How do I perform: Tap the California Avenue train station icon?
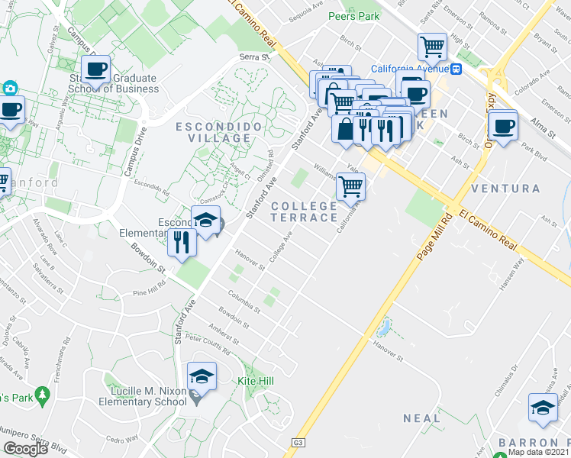coord(456,69)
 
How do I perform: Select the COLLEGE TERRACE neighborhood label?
coord(305,211)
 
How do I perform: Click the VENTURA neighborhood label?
coord(505,188)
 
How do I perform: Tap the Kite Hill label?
coord(256,381)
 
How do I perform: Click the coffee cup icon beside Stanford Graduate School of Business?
coord(95,69)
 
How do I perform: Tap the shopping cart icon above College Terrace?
coord(350,185)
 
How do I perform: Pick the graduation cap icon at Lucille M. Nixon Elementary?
coord(202,376)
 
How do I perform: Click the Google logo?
coord(25,448)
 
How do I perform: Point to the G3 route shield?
coord(298,443)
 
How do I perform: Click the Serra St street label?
coord(255,56)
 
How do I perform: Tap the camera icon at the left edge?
coord(11,89)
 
